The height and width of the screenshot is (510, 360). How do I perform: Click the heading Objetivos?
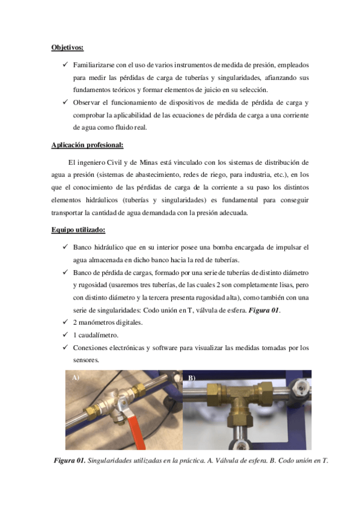pos(67,46)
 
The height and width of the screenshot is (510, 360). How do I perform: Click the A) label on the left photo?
pos(76,378)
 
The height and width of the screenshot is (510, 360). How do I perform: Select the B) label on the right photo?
pos(192,378)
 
